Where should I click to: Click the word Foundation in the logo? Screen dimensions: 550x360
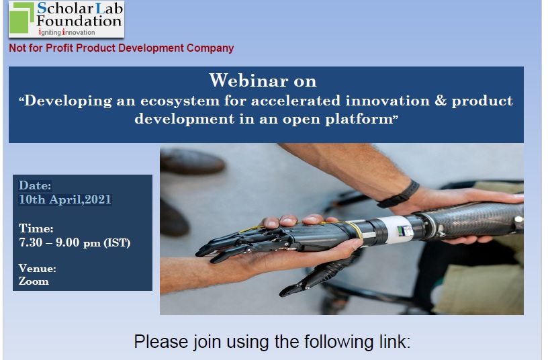click(x=79, y=21)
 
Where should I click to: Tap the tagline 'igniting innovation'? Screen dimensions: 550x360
click(x=66, y=32)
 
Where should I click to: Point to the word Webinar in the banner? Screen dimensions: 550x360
click(x=248, y=81)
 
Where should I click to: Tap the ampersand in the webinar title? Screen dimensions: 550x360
click(x=441, y=100)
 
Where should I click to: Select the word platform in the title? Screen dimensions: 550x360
click(x=359, y=120)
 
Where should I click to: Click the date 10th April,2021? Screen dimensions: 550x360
click(x=65, y=199)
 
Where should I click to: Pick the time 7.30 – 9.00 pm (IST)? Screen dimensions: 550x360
click(x=75, y=242)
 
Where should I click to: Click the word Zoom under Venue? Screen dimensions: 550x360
click(x=34, y=281)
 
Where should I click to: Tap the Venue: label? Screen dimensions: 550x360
click(x=37, y=269)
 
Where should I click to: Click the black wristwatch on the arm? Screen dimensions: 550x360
click(x=400, y=195)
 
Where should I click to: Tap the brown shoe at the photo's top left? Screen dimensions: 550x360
click(x=192, y=161)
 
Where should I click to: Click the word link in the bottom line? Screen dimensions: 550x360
click(x=395, y=342)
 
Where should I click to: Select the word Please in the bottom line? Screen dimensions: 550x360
click(x=161, y=342)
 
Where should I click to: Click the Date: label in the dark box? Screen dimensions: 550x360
click(x=35, y=185)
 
